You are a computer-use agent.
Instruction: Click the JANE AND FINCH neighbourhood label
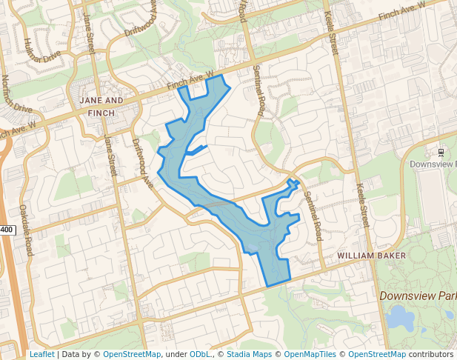click(x=101, y=106)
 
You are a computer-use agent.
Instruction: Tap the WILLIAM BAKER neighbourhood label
click(x=371, y=256)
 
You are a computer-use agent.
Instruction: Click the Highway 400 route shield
click(x=6, y=230)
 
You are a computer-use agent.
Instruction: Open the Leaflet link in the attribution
click(x=41, y=355)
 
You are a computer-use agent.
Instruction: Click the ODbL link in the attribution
click(x=199, y=355)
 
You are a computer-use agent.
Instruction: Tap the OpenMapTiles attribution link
click(x=311, y=355)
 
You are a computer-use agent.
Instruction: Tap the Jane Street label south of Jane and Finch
click(x=110, y=156)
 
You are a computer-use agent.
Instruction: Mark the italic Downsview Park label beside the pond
click(x=417, y=296)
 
